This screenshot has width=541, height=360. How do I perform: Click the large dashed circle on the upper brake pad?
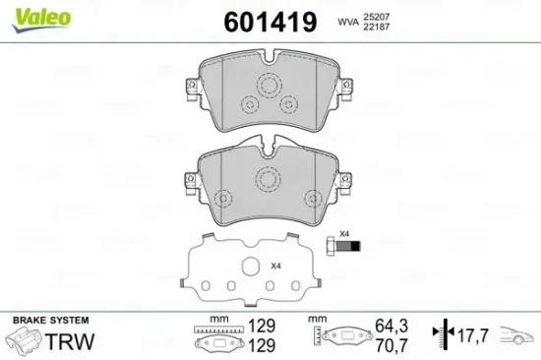(x=267, y=86)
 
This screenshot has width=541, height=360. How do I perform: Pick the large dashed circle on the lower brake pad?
(x=267, y=177)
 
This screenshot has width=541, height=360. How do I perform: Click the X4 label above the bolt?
(x=343, y=233)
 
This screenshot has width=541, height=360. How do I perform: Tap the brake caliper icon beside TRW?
(x=21, y=340)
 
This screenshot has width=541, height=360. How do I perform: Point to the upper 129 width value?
(x=261, y=324)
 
